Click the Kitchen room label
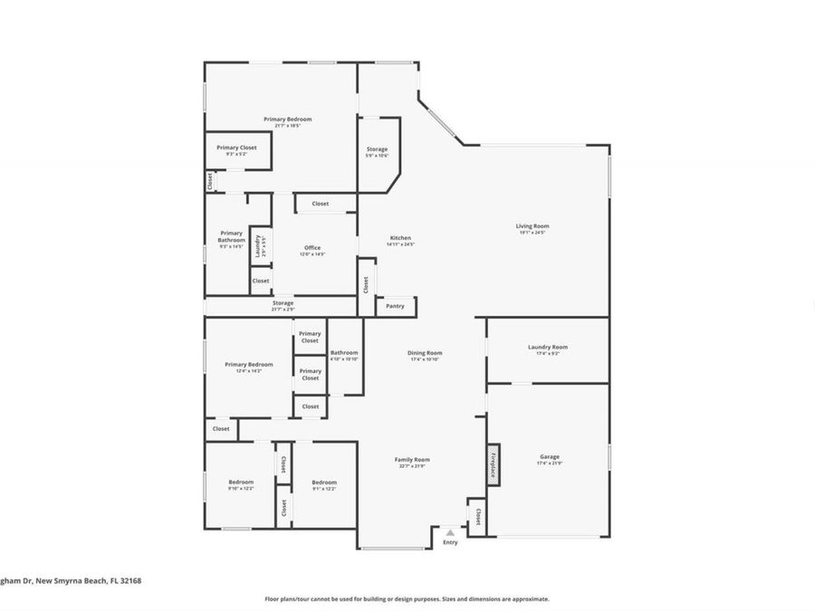tap(400, 238)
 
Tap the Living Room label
tap(532, 226)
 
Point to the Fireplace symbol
tap(494, 463)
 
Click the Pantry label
tap(396, 307)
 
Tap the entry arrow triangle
tap(450, 533)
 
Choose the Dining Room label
tap(424, 353)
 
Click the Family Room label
tap(411, 460)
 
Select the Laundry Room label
tap(548, 348)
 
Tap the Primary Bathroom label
tap(232, 237)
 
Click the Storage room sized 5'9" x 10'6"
tap(377, 149)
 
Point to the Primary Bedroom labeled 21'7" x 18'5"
tap(287, 119)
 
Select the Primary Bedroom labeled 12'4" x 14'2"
tap(248, 365)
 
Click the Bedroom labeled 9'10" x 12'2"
tap(241, 482)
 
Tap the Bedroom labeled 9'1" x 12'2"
tap(324, 482)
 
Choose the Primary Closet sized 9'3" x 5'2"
tap(236, 148)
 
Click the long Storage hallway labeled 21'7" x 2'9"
tap(282, 304)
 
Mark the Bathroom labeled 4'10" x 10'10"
tap(344, 353)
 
